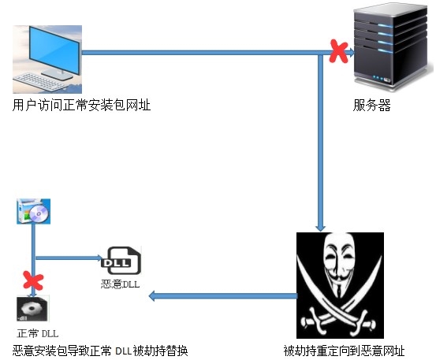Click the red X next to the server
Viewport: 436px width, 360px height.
(339, 52)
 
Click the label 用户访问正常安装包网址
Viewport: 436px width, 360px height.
(82, 106)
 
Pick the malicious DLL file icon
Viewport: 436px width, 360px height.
(120, 261)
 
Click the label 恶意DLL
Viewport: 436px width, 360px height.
(120, 284)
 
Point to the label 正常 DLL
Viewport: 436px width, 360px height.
(38, 332)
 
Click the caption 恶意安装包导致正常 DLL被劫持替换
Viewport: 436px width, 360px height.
(100, 350)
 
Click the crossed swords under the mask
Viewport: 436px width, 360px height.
(339, 318)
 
